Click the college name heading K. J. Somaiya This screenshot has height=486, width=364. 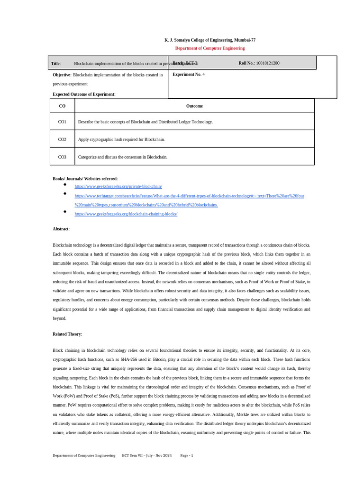tap(209, 40)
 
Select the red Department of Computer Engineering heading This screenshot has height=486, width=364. tap(209, 48)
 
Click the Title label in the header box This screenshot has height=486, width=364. tap(56, 64)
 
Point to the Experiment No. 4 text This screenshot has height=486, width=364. tap(189, 75)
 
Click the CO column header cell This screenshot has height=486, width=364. tap(62, 106)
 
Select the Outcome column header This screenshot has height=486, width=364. tap(194, 106)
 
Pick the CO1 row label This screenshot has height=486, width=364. tap(62, 122)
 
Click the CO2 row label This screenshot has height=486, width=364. tap(62, 140)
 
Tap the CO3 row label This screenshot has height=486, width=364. tap(62, 157)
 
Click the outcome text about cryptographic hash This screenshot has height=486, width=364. tap(121, 140)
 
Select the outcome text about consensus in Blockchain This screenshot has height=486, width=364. tap(122, 157)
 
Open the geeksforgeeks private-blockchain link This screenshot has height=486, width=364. tap(118, 187)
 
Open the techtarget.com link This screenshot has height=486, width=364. tap(189, 196)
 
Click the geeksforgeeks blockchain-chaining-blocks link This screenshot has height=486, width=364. tap(126, 214)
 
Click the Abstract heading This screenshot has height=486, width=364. tap(61, 229)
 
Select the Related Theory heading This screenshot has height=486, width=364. tap(67, 334)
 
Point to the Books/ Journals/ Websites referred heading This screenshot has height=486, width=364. tap(85, 178)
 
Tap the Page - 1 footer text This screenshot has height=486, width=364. tap(186, 455)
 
